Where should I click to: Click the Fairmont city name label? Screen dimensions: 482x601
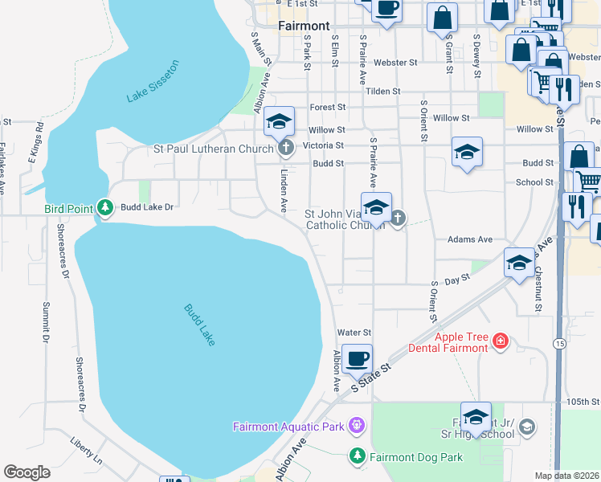[x=304, y=26]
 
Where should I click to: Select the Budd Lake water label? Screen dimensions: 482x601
[x=199, y=325]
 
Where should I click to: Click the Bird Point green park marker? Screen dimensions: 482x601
[x=104, y=208]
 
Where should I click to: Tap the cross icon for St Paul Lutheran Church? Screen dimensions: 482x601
[x=284, y=148]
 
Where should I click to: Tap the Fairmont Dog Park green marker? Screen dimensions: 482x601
[x=357, y=456]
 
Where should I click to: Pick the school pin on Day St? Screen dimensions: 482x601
[x=519, y=263]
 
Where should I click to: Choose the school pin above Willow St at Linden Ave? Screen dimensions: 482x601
[x=279, y=121]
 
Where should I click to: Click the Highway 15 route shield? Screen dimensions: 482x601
[x=558, y=343]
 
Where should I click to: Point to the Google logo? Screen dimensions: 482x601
[x=27, y=472]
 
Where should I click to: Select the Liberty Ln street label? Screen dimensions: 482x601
[x=87, y=451]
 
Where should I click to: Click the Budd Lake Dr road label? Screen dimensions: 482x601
[x=147, y=207]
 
